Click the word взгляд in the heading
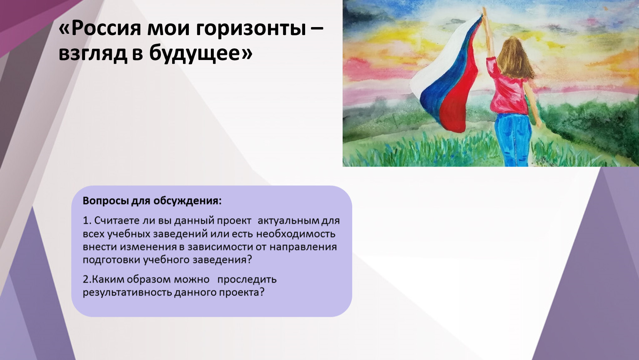click(93, 54)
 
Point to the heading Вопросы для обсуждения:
click(152, 201)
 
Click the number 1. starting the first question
click(87, 220)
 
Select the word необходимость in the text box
click(296, 234)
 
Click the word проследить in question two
click(247, 280)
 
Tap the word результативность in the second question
click(127, 292)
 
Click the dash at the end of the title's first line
click(317, 29)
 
